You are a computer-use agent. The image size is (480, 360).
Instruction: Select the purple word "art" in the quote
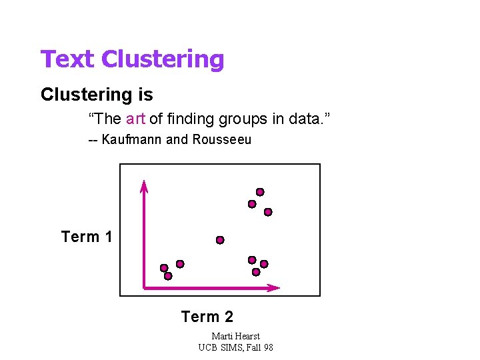coord(135,119)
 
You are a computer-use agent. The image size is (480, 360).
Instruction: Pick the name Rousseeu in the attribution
coord(222,140)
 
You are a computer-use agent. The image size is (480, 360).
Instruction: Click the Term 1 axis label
coord(87,237)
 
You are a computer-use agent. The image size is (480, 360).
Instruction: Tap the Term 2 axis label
coord(207,317)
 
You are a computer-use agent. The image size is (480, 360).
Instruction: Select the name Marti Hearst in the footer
coord(235,336)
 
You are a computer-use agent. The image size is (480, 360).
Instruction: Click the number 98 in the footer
coord(267,347)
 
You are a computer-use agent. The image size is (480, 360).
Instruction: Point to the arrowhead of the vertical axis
coord(143,185)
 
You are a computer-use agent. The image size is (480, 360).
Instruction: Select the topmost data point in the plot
coord(260,192)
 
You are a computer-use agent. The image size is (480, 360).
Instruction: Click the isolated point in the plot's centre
coord(220,240)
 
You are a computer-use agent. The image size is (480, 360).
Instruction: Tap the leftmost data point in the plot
coord(164,268)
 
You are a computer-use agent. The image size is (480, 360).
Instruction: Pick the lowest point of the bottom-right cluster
coord(256,272)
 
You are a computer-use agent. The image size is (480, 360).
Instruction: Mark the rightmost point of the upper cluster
coord(268,212)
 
